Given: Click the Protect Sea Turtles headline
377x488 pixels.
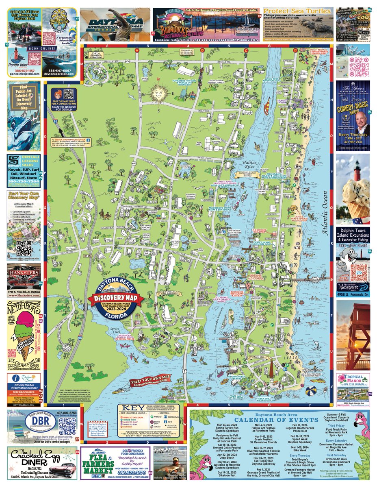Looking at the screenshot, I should point(290,11).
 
